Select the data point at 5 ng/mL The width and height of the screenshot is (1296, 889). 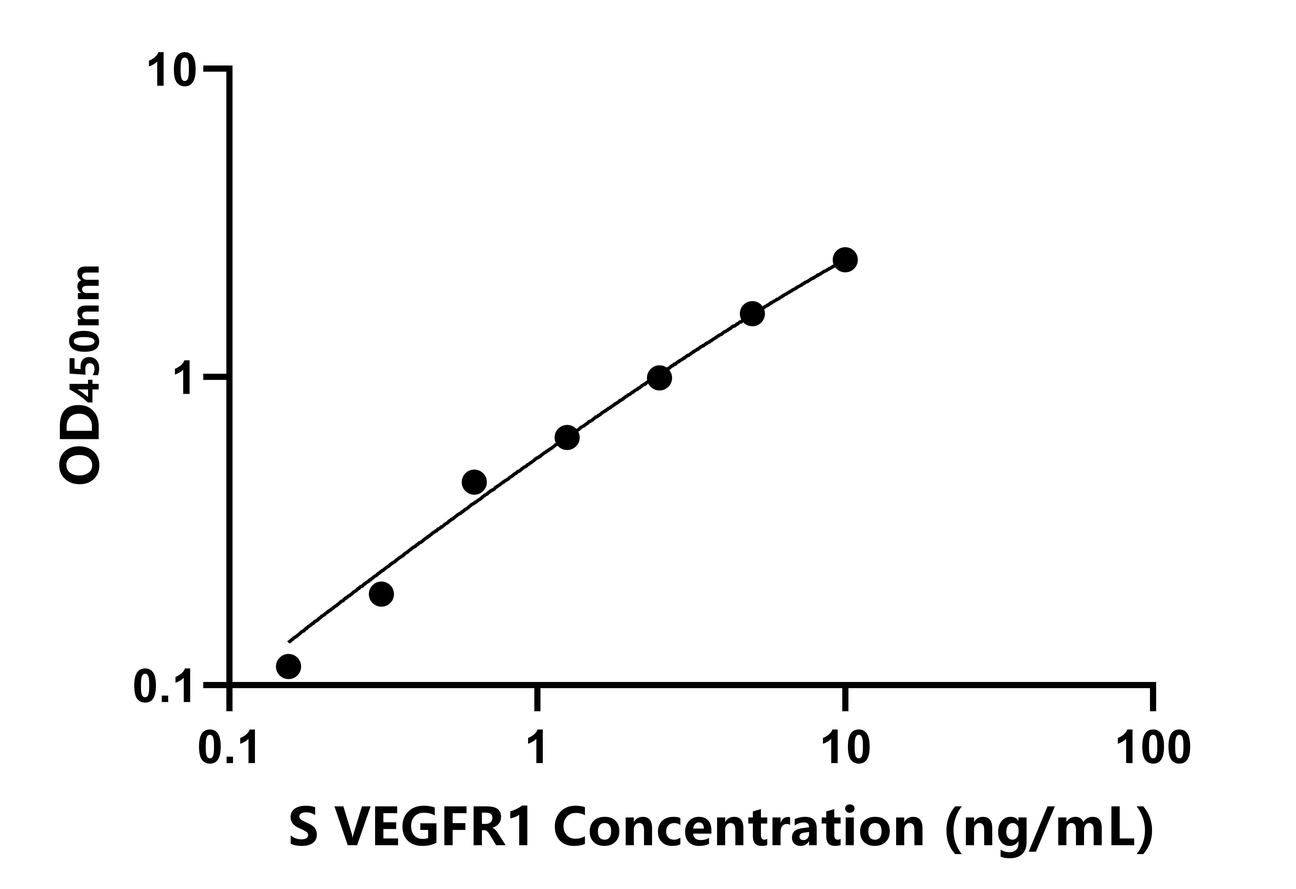752,314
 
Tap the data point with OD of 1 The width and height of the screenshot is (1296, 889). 659,378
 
